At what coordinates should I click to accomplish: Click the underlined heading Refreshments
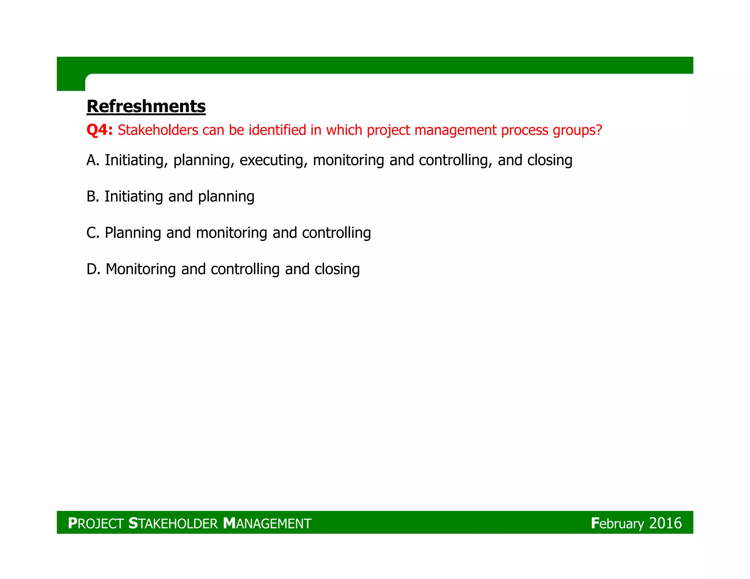(146, 107)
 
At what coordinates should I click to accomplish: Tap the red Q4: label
(99, 130)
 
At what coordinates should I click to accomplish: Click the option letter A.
(92, 160)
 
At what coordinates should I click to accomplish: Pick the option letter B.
(92, 197)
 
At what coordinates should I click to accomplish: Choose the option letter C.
(92, 233)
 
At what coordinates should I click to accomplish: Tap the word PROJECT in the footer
(96, 523)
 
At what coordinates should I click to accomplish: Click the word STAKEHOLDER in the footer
(173, 523)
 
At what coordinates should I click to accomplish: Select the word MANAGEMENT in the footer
(267, 523)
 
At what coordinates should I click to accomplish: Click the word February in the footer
(617, 523)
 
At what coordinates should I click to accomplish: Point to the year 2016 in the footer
(665, 523)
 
